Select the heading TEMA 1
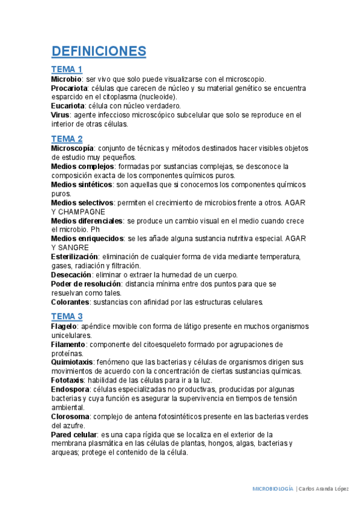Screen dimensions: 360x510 coord(67,69)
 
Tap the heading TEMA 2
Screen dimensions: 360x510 coord(67,139)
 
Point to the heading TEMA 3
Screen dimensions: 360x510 coord(67,316)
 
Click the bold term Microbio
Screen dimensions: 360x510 coord(66,79)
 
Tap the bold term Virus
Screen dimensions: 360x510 coord(60,115)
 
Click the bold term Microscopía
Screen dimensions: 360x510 coord(72,148)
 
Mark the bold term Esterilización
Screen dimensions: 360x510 coord(74,257)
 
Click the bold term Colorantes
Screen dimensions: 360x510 coord(70,302)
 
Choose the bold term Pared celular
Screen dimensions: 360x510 coord(73,434)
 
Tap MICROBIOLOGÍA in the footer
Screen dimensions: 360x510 coord(272,489)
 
